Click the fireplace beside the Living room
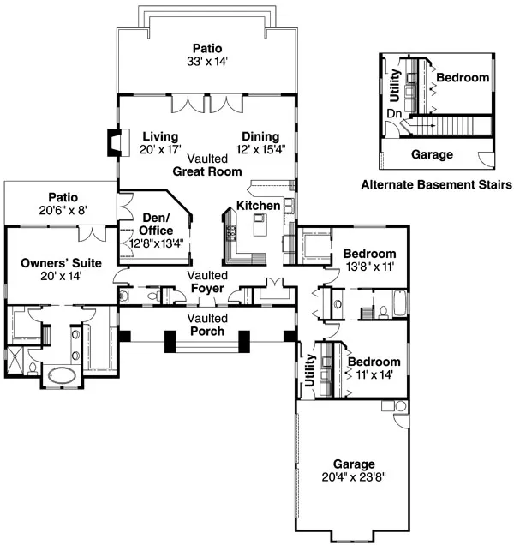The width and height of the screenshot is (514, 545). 111,143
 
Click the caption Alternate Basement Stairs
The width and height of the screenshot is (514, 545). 436,184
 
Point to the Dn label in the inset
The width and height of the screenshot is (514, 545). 394,112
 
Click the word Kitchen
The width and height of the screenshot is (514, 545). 258,207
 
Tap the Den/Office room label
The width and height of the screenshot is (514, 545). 156,224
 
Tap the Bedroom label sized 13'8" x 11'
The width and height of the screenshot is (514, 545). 369,254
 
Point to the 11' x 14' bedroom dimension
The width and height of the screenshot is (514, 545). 369,375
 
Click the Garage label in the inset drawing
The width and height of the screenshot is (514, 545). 432,155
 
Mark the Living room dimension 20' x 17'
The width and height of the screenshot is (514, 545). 160,149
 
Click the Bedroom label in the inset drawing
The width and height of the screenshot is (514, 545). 463,78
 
